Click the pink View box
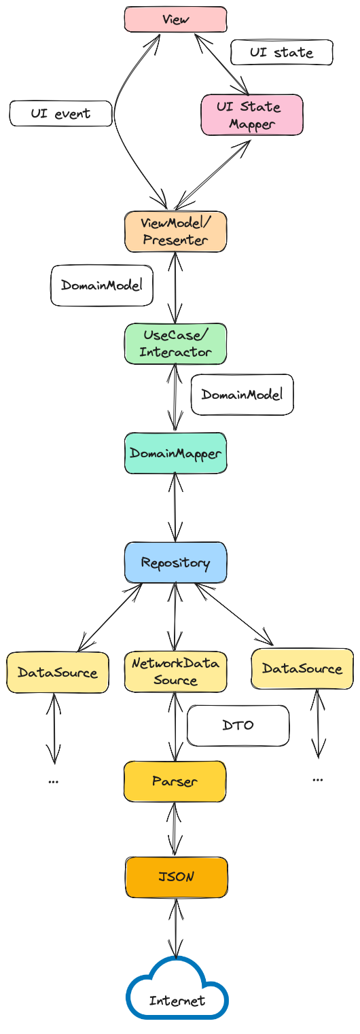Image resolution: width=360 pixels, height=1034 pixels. point(175,20)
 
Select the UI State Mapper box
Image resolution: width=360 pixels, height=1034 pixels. point(252,115)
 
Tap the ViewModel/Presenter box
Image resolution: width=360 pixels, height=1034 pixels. point(175,231)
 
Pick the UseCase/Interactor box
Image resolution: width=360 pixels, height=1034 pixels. point(175,344)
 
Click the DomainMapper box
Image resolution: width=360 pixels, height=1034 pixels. point(175,453)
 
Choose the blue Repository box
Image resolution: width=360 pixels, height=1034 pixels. point(175,563)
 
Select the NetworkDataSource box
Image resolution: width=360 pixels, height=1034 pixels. point(175,672)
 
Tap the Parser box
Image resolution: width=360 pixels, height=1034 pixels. point(175,781)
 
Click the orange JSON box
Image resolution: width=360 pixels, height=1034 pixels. point(177,877)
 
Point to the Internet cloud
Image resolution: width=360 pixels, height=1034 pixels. point(177,997)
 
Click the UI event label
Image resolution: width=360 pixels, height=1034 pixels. point(60,113)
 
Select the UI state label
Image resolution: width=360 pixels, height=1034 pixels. point(281,52)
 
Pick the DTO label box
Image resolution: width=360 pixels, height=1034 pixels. point(238,725)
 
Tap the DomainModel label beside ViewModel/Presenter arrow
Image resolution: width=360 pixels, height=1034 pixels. point(101,285)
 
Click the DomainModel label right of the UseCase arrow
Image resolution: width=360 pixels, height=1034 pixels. point(242,395)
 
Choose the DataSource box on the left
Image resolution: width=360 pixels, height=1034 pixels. point(58,672)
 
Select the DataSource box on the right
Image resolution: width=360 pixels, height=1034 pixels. point(302,668)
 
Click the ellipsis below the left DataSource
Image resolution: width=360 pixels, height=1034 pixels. point(53,781)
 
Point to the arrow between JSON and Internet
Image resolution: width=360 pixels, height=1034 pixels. point(175,928)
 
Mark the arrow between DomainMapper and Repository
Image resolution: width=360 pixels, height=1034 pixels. point(175,507)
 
